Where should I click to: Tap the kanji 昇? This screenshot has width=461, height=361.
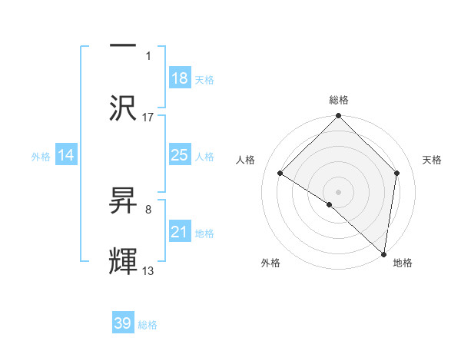(x=124, y=202)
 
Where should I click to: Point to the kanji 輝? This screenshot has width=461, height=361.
(x=124, y=261)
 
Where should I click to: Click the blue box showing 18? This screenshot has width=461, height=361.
(x=180, y=78)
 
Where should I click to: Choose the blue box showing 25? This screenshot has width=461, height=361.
(x=180, y=155)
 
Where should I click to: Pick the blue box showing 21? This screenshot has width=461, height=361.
(x=180, y=232)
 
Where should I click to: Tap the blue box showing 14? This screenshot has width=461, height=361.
(x=66, y=156)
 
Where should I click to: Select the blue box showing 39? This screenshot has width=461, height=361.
(x=123, y=324)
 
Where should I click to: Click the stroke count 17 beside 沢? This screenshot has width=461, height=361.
(x=148, y=117)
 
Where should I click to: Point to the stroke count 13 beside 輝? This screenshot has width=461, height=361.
(x=148, y=271)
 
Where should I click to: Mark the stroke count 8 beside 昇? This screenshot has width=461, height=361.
(x=148, y=209)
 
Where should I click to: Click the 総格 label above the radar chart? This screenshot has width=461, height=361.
(x=339, y=100)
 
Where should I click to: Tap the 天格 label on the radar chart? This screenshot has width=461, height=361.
(x=432, y=160)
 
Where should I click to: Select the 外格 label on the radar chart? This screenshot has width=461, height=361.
(x=270, y=263)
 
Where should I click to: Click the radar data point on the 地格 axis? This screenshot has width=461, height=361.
(x=384, y=253)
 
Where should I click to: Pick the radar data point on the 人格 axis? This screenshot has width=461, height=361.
(x=280, y=174)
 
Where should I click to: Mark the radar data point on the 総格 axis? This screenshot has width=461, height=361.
(x=339, y=118)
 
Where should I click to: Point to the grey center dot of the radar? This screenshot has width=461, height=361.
(x=339, y=191)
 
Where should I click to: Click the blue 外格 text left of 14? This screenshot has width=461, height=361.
(x=41, y=157)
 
